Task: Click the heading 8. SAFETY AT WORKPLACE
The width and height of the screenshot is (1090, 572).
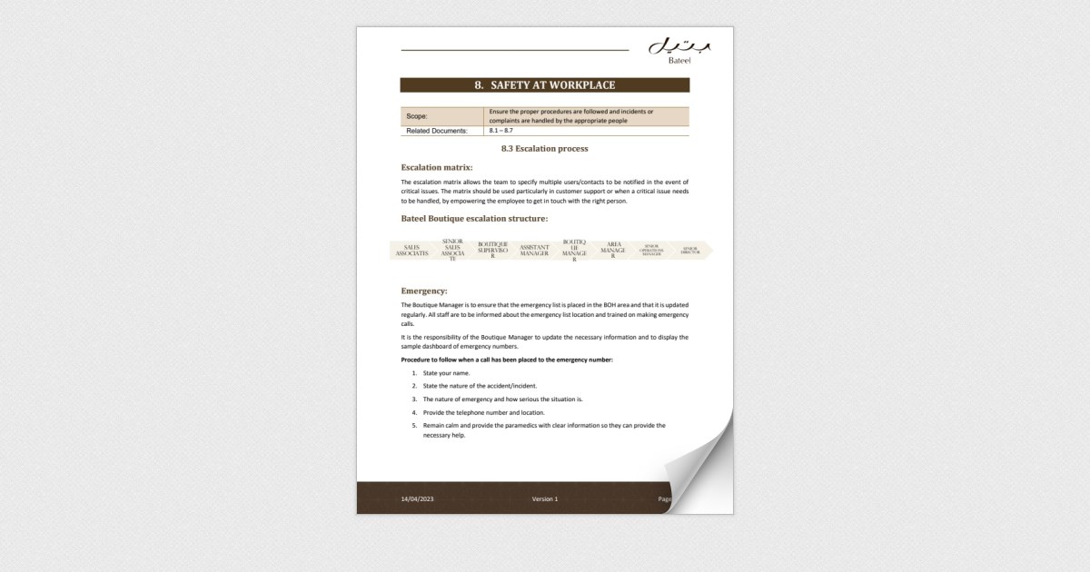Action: [545, 85]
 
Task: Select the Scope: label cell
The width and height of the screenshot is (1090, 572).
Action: [442, 116]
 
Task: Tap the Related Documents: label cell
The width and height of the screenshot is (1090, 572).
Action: [442, 131]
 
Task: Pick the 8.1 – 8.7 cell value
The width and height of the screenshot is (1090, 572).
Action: [500, 131]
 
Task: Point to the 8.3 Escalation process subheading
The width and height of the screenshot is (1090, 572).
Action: [545, 148]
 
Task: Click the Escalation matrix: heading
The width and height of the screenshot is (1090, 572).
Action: [437, 167]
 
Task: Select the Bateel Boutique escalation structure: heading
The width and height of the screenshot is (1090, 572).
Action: [474, 219]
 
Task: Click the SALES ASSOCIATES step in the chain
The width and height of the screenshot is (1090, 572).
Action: [412, 251]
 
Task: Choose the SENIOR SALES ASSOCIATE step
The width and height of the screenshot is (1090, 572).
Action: [452, 251]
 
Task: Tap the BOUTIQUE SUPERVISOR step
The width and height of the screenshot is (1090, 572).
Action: [492, 251]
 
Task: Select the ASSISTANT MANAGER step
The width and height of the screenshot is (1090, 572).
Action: [534, 251]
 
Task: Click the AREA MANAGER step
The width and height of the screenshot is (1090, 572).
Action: [613, 251]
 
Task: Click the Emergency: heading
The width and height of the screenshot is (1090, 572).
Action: [424, 291]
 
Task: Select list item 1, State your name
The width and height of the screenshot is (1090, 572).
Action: [446, 373]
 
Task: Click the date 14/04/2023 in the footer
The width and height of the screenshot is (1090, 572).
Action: [418, 499]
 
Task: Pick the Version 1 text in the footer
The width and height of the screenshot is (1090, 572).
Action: [545, 499]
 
